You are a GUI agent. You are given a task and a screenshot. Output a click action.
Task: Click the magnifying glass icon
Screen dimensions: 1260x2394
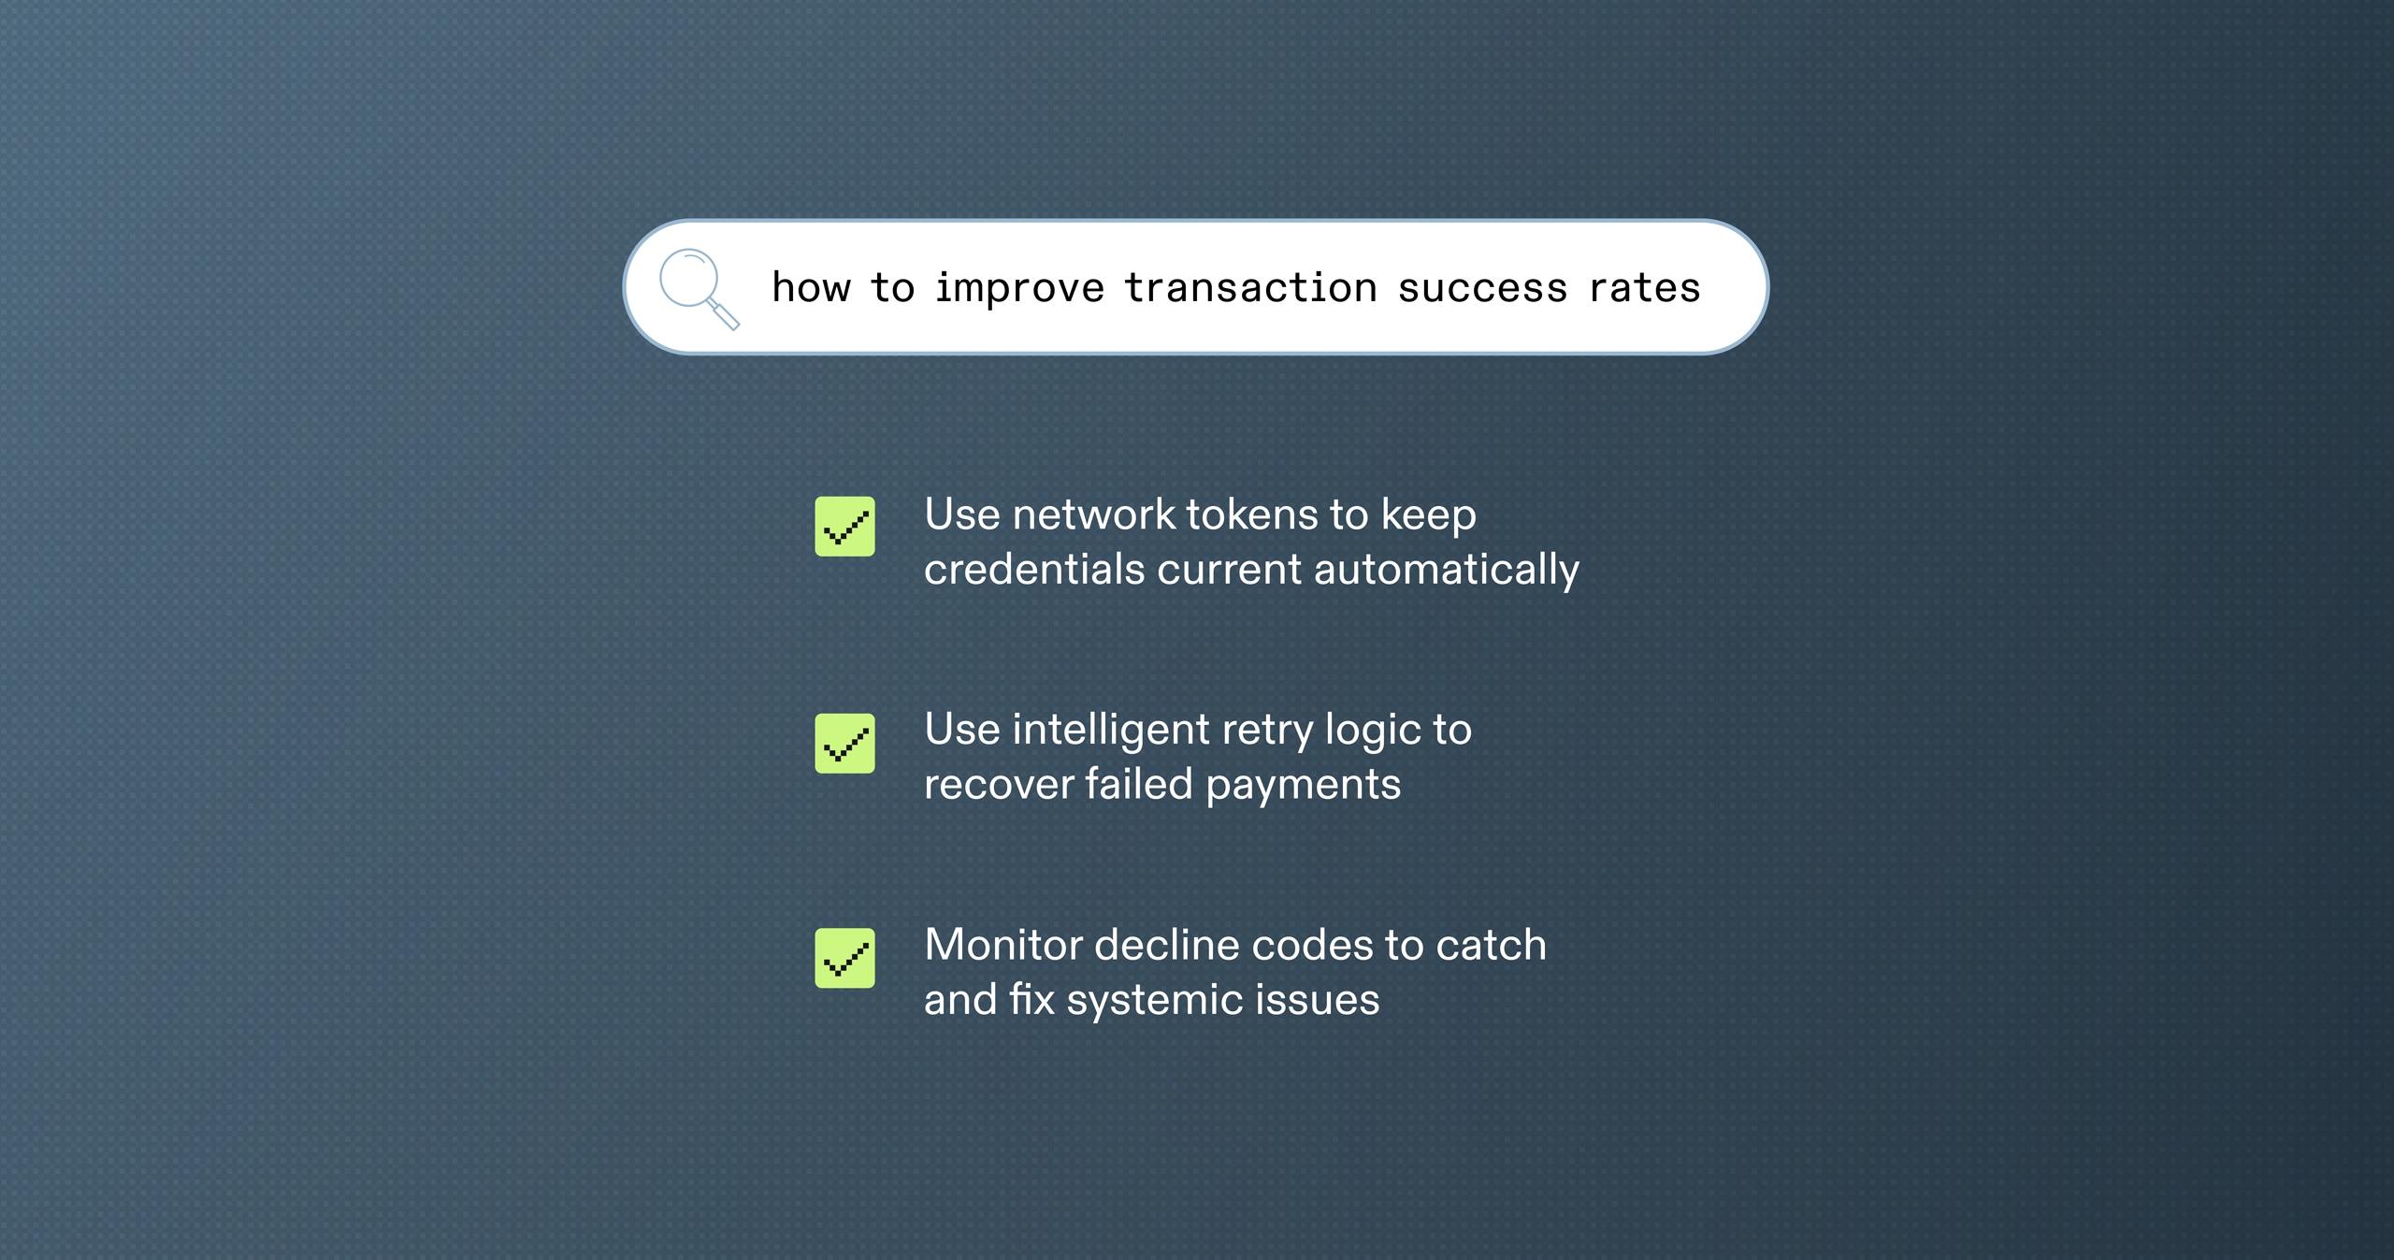click(697, 287)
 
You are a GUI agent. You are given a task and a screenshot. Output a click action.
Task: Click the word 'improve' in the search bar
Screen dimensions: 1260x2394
click(1019, 289)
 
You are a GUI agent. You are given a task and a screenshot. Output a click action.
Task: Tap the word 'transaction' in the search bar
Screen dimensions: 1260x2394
click(1250, 288)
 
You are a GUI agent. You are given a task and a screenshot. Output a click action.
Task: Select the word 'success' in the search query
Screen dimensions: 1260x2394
click(1481, 288)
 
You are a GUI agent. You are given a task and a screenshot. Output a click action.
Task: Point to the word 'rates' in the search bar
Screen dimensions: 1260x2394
click(1644, 288)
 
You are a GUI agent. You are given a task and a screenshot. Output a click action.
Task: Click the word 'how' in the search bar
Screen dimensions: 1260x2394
click(811, 288)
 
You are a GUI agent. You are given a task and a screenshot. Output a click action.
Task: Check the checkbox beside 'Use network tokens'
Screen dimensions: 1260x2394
click(844, 527)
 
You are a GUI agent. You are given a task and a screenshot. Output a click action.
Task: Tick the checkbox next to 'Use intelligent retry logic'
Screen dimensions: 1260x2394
click(844, 744)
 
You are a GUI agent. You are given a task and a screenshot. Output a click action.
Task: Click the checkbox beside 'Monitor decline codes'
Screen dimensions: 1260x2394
click(844, 958)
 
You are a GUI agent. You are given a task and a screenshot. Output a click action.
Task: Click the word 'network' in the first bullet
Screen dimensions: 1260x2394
click(1093, 514)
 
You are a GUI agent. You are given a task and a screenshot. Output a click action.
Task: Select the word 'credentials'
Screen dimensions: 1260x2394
click(1033, 570)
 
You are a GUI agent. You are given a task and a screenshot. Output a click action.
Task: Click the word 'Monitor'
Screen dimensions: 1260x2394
click(1002, 946)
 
